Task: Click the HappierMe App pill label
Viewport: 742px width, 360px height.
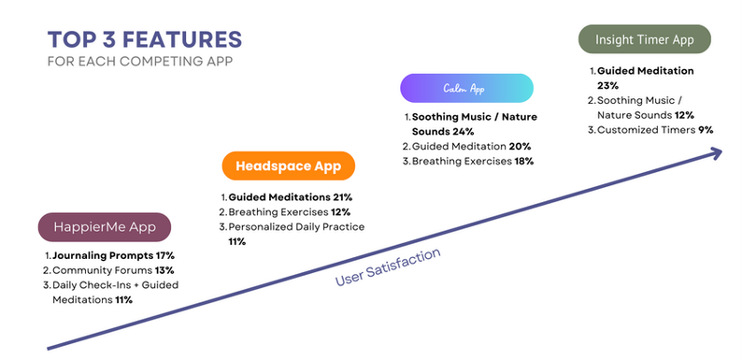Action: coord(104,227)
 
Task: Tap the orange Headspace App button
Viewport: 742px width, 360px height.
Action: coord(288,166)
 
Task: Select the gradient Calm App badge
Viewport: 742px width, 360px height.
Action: coord(466,88)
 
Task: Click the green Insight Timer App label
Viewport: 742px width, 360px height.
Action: coord(645,39)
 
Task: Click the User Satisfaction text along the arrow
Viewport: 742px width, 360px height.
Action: coord(388,266)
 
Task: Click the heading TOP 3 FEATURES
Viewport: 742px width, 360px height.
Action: coord(144,40)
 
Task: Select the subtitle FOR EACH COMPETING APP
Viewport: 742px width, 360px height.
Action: coord(140,62)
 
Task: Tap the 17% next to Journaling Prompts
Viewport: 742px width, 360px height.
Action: coord(165,256)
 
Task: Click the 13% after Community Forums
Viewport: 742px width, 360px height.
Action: coord(164,270)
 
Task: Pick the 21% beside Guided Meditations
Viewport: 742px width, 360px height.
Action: coord(342,197)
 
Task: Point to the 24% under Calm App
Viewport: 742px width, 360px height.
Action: coord(464,131)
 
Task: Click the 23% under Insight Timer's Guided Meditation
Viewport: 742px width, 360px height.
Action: coord(607,86)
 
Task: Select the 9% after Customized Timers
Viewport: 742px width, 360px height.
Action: coord(706,130)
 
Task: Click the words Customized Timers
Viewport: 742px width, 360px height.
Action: coord(647,130)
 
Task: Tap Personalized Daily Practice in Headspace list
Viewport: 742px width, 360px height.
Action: coord(296,227)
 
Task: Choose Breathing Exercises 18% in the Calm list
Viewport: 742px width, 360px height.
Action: coord(473,161)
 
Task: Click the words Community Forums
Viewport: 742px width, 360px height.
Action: coord(102,270)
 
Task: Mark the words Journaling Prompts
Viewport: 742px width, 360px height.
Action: coord(103,256)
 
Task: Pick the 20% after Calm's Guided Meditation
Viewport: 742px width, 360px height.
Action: coord(519,147)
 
